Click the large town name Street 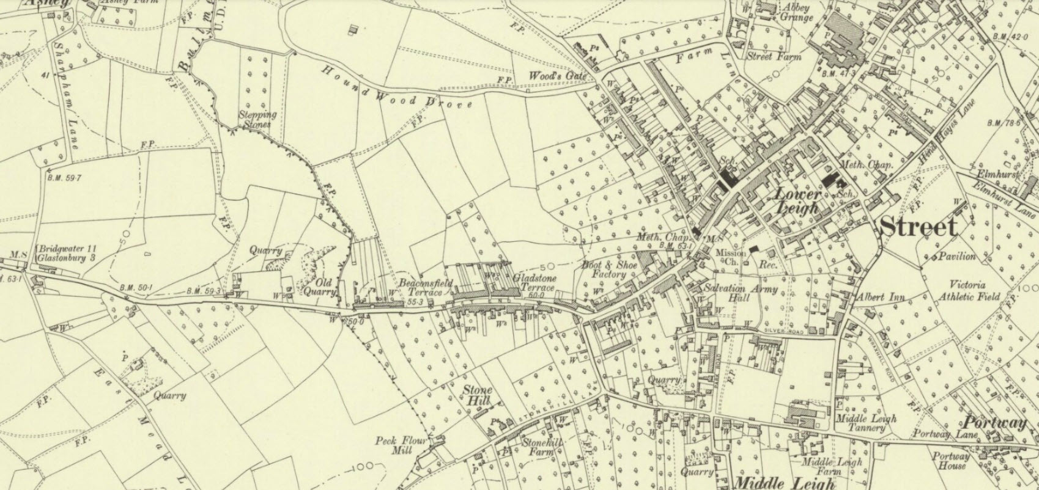[x=918, y=227]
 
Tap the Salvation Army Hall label [x=740, y=294]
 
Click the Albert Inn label [x=880, y=297]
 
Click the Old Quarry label [x=319, y=287]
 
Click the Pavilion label [x=958, y=257]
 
